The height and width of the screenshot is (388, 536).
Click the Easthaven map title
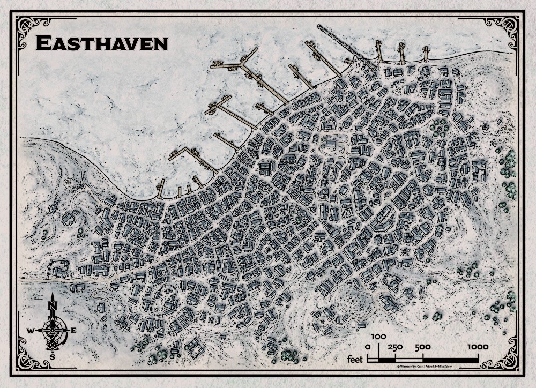pos(102,43)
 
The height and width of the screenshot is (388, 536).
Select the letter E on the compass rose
pos(73,330)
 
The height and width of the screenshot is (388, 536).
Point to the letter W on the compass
pos(31,331)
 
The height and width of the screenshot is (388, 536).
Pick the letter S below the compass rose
pos(52,356)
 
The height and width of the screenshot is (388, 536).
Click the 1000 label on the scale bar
pos(480,347)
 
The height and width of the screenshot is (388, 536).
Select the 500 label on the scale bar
pos(423,347)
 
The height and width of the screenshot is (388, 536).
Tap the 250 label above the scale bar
pos(395,347)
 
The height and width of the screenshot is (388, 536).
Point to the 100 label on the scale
pos(378,336)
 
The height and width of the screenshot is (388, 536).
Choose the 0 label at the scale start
pos(367,347)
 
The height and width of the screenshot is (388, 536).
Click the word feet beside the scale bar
pos(355,357)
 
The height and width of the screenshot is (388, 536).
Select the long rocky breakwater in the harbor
pos(335,40)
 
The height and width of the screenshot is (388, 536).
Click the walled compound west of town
pos(59,267)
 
